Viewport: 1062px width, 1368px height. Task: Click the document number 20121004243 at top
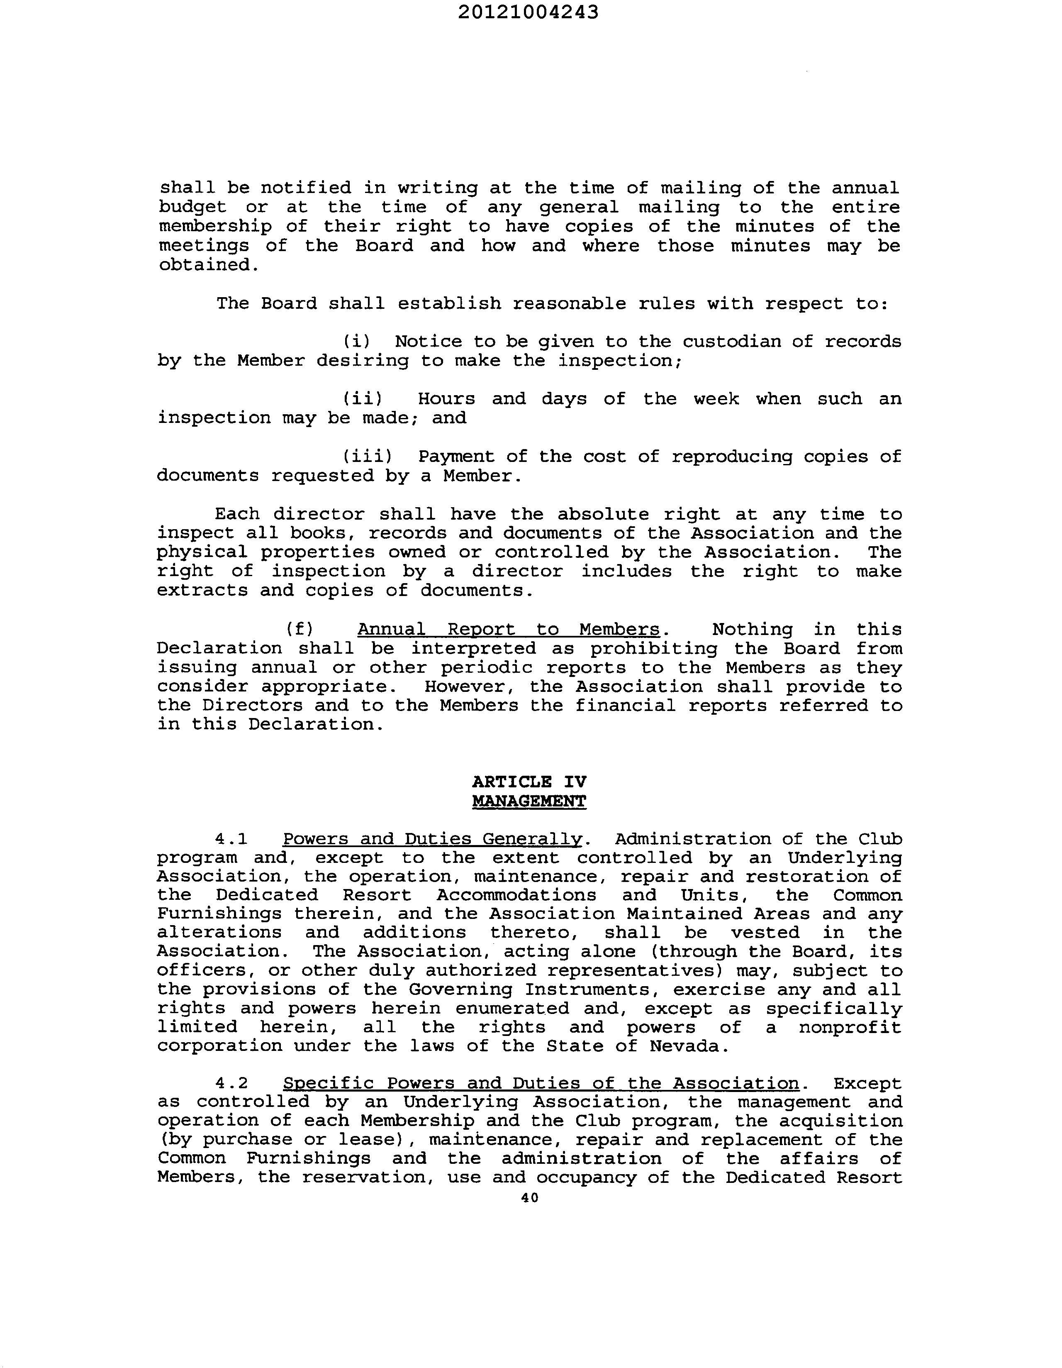click(x=528, y=12)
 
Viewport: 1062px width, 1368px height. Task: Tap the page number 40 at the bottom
click(x=529, y=1198)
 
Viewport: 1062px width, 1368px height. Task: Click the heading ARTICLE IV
click(x=529, y=782)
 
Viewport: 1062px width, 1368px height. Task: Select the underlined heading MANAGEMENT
click(x=529, y=801)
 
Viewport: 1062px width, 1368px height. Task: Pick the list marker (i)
click(x=356, y=341)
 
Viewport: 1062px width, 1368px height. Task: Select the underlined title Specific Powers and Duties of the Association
click(x=541, y=1084)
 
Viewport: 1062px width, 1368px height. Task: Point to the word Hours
click(x=446, y=399)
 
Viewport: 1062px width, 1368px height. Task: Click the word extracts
click(x=202, y=591)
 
